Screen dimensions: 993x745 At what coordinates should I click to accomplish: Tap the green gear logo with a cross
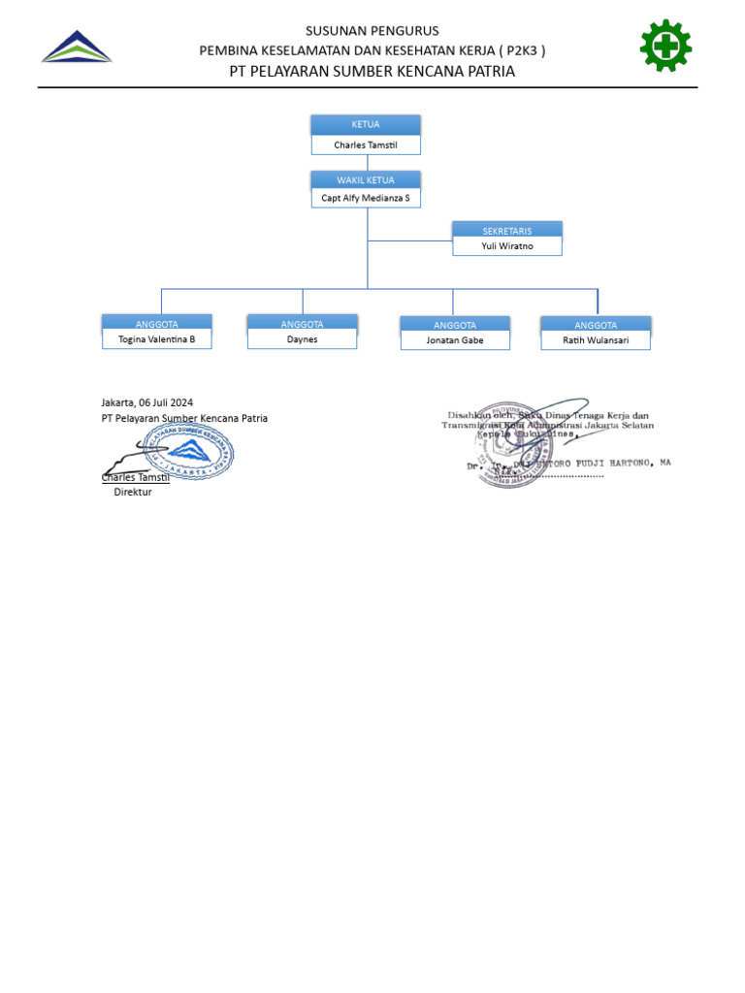coord(665,46)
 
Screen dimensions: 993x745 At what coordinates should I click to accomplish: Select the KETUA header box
coord(366,125)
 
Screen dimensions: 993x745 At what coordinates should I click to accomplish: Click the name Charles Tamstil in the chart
coord(366,145)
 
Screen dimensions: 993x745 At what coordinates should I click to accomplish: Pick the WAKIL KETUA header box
coord(366,180)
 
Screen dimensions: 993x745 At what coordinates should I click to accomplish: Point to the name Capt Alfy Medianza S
coord(366,198)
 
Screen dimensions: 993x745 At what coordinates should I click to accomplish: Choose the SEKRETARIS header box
coord(507,230)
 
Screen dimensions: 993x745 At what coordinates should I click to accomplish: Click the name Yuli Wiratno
coord(507,246)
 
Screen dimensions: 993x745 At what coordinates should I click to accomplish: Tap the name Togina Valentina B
coord(156,339)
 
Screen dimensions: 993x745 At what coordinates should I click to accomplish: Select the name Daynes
coord(302,339)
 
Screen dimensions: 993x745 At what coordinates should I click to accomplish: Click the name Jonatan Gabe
coord(455,340)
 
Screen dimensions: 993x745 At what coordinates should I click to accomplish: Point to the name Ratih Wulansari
coord(596,340)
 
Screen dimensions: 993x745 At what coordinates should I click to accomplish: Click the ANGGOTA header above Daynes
coord(302,324)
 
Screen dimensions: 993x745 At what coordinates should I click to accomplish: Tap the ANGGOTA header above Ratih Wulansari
coord(596,325)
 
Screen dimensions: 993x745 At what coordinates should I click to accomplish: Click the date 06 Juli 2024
coord(166,401)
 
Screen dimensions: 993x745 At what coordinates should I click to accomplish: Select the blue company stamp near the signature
coord(195,453)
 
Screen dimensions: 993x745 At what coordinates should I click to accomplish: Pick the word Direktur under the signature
coord(133,492)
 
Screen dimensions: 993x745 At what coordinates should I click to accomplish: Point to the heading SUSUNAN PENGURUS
coord(372,31)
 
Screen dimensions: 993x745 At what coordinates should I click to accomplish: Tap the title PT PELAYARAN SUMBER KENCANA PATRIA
coord(372,72)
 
